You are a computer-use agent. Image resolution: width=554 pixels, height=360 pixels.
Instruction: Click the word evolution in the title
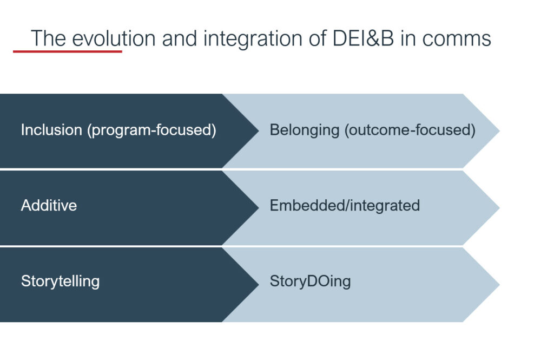click(x=114, y=38)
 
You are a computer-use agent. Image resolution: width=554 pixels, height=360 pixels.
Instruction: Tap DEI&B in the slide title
click(x=363, y=38)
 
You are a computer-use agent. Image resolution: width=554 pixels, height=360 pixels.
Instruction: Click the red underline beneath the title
click(x=68, y=51)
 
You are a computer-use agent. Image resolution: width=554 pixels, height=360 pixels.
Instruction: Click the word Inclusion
click(x=51, y=130)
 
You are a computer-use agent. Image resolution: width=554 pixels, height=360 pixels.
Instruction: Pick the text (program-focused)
click(x=152, y=130)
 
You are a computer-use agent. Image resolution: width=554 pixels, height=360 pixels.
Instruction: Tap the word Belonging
click(x=305, y=130)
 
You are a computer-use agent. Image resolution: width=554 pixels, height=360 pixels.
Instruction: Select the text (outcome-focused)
click(x=410, y=130)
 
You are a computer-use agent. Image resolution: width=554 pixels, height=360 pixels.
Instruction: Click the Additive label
click(x=49, y=206)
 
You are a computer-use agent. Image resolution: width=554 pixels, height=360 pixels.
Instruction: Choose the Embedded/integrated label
click(x=345, y=206)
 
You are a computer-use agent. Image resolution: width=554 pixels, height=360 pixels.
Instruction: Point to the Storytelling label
click(x=61, y=282)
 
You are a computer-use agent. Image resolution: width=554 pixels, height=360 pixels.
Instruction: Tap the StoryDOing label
click(x=310, y=282)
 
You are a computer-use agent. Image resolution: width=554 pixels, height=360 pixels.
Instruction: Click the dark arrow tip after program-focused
click(x=259, y=130)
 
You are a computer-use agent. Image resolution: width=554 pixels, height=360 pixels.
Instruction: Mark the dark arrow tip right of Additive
click(x=259, y=207)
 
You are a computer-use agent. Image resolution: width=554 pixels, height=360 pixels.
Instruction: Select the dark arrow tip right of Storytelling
click(x=259, y=284)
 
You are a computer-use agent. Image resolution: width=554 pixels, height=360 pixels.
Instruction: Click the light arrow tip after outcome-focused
click(x=499, y=130)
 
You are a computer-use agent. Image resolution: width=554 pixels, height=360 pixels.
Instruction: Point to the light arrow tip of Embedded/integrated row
click(x=499, y=207)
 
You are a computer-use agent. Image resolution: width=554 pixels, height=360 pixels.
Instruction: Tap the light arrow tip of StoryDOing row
click(x=499, y=284)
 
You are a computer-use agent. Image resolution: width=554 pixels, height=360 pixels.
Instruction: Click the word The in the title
click(x=48, y=38)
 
